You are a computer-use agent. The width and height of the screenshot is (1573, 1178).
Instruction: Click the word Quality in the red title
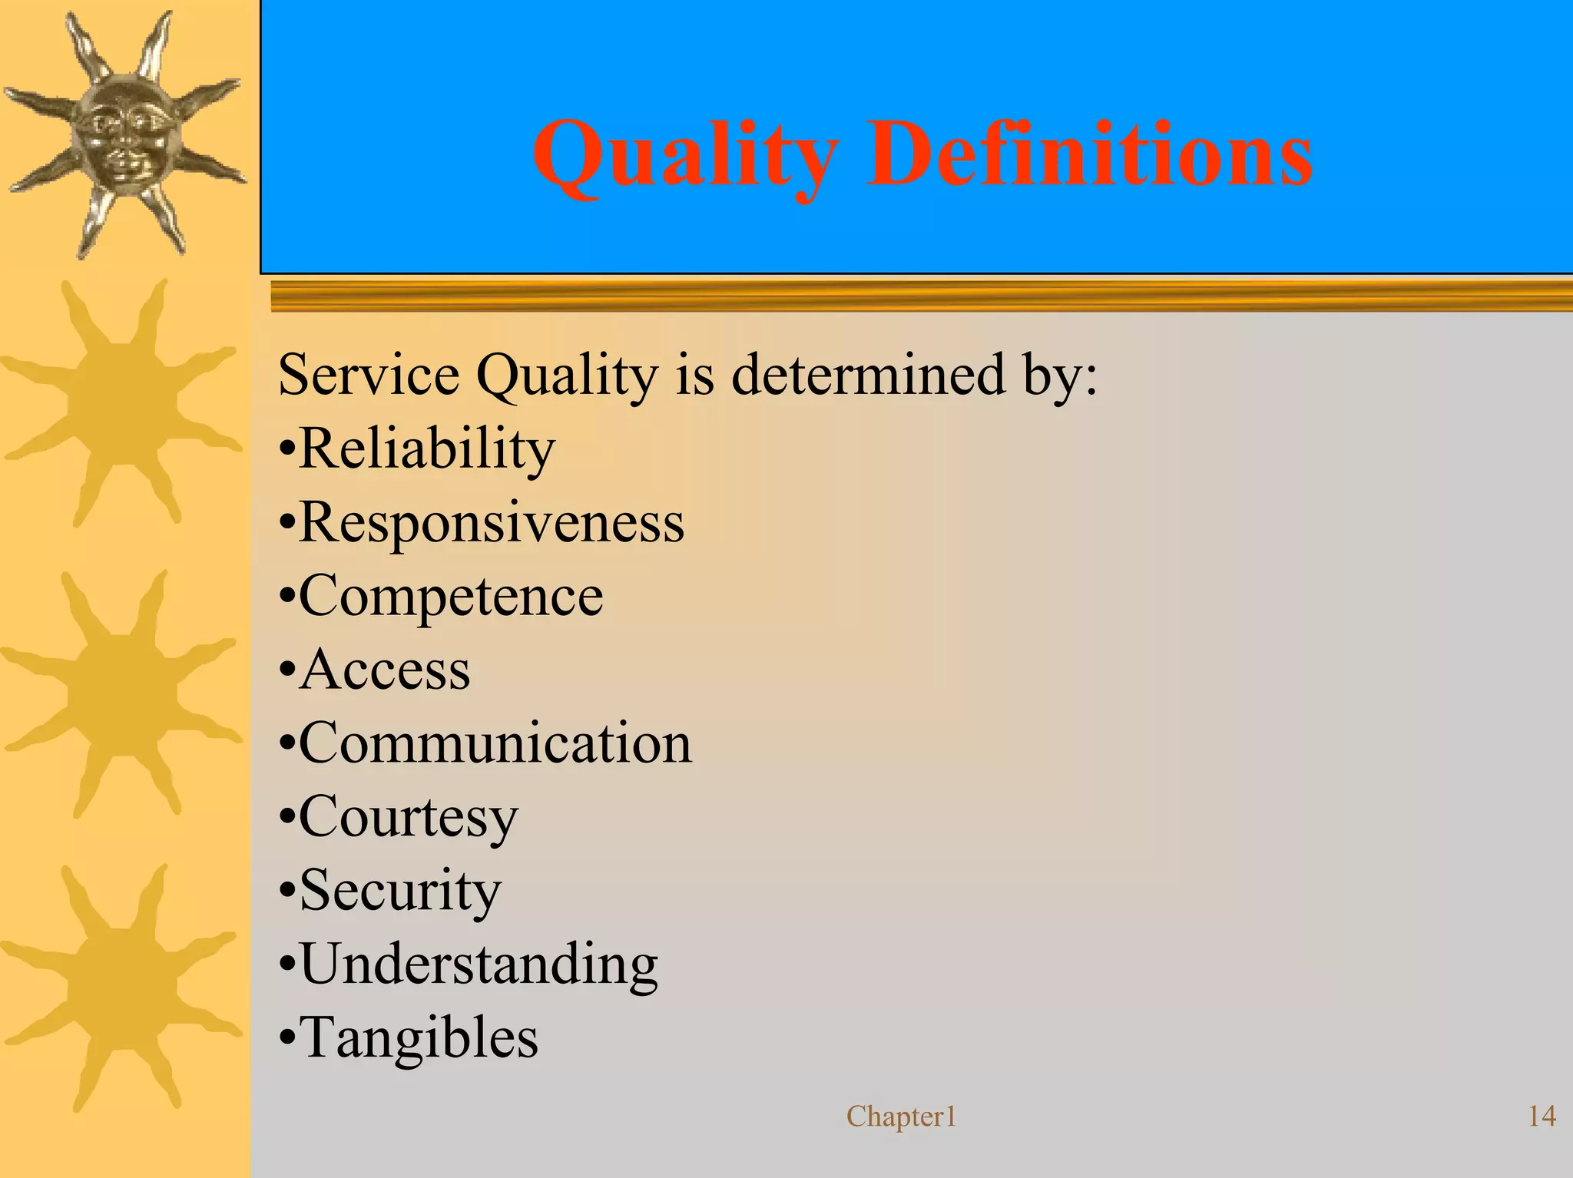point(684,156)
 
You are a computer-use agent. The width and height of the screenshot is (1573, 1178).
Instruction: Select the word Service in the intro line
point(368,376)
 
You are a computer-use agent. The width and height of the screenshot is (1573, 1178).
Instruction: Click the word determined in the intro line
point(868,375)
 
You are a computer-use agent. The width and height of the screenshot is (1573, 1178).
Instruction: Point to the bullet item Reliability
point(426,449)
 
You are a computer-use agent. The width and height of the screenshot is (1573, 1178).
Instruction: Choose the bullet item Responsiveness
point(491,523)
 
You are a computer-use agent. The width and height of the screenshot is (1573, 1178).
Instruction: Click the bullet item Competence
point(451,597)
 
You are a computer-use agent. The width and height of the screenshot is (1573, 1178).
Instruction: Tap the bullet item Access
point(384,670)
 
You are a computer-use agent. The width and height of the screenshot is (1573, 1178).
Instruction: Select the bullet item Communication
point(495,743)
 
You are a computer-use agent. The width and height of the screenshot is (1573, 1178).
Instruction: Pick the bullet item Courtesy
point(408,817)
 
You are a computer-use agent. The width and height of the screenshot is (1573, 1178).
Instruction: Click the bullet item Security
point(399,891)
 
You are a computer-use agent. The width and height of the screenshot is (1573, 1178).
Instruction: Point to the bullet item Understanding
point(479,965)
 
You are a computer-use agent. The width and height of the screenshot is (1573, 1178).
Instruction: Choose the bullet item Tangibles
point(419,1037)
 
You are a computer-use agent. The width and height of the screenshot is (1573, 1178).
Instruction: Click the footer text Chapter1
point(901,1117)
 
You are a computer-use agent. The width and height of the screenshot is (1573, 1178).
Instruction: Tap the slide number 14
point(1542,1117)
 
